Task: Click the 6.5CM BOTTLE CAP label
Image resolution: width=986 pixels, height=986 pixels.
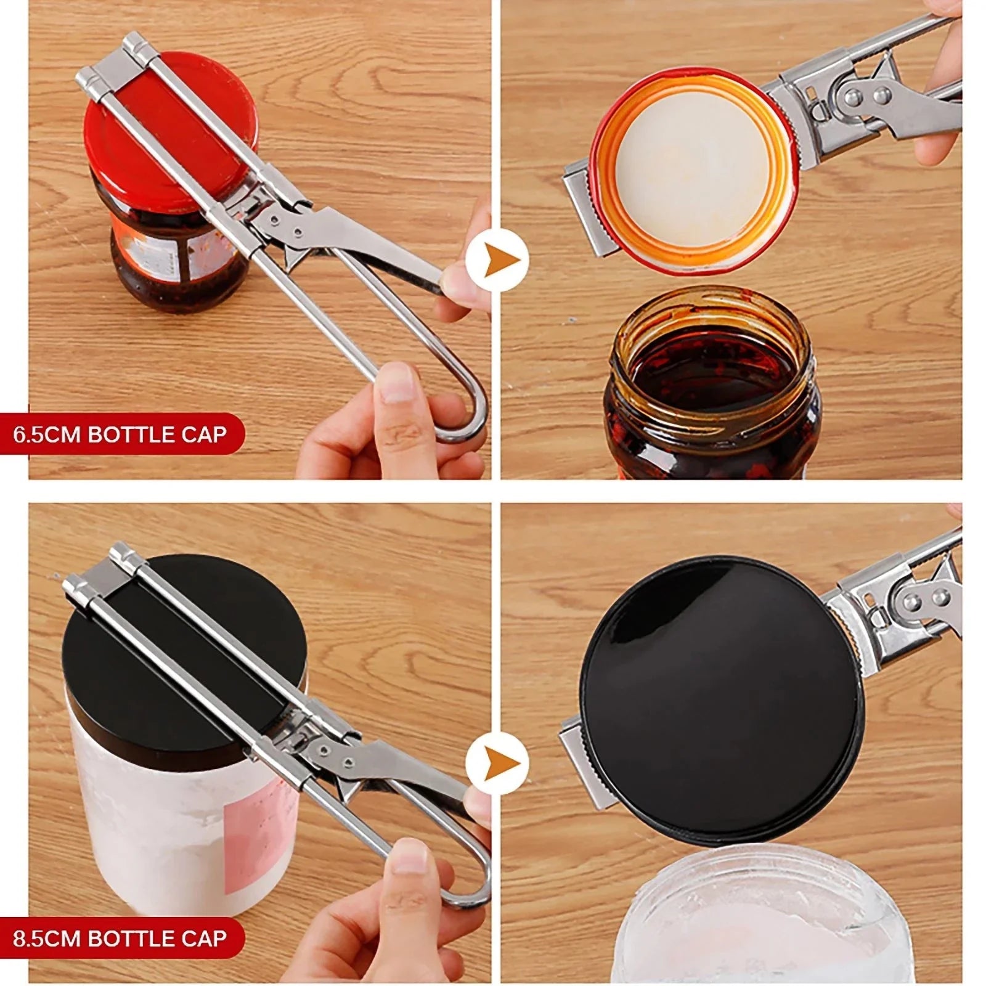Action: click(120, 434)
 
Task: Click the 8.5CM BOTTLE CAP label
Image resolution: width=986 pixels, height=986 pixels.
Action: click(120, 938)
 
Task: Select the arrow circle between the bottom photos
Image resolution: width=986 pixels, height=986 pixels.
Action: click(497, 764)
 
